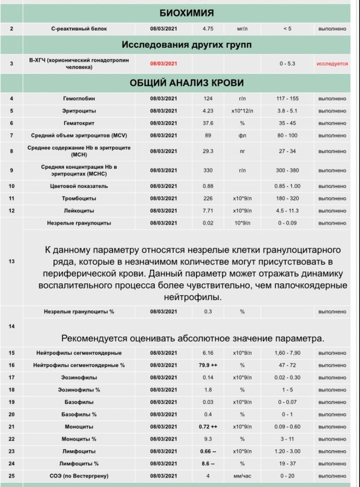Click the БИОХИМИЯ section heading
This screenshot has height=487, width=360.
click(x=187, y=13)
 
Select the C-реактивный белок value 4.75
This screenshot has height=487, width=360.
click(x=208, y=29)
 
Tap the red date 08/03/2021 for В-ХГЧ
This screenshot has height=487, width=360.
click(x=163, y=64)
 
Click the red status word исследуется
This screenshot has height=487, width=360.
click(x=332, y=64)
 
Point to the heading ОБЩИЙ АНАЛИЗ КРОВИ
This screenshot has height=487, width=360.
click(x=187, y=83)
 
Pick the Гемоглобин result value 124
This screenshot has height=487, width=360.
click(x=208, y=99)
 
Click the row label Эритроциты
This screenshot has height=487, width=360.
click(x=79, y=111)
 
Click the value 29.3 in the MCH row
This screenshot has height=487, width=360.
click(x=208, y=151)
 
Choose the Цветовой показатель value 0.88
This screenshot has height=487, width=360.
click(x=208, y=187)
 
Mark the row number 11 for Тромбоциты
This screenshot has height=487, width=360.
click(x=11, y=199)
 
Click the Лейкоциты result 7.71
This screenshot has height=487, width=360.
click(x=208, y=211)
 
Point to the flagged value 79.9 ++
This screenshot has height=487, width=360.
click(x=208, y=365)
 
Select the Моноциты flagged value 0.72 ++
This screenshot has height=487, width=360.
click(x=208, y=427)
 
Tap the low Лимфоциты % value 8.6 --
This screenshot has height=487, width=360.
click(x=208, y=464)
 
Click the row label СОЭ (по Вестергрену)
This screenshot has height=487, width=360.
click(x=79, y=476)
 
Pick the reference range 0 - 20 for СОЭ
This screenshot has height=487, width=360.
click(x=287, y=476)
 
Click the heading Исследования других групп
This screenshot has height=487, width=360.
click(x=187, y=45)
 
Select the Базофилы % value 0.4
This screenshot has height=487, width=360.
click(x=208, y=414)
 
